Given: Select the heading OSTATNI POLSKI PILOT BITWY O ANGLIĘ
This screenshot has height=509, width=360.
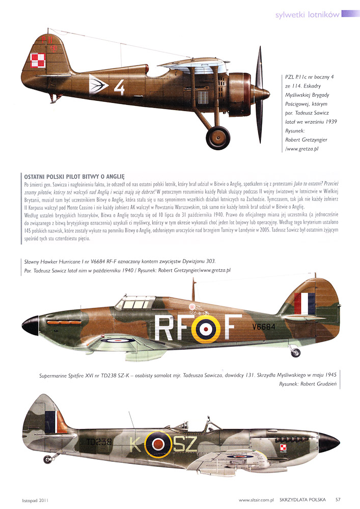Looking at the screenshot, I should pos(74,177).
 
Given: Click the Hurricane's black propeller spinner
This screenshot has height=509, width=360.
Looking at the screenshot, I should pos(29,326).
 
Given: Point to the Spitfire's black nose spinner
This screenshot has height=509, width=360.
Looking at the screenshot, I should pos(328,441).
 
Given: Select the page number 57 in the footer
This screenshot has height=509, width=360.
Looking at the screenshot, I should pos(338,499).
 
